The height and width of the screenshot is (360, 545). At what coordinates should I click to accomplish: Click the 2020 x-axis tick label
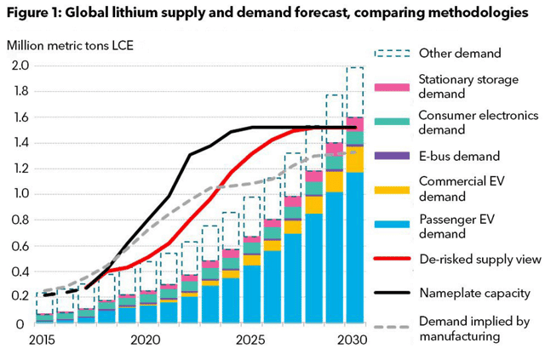click(x=145, y=340)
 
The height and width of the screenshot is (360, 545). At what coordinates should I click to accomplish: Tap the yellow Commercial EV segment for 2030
click(x=355, y=159)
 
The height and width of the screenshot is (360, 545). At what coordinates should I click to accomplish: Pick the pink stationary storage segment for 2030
click(x=355, y=123)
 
